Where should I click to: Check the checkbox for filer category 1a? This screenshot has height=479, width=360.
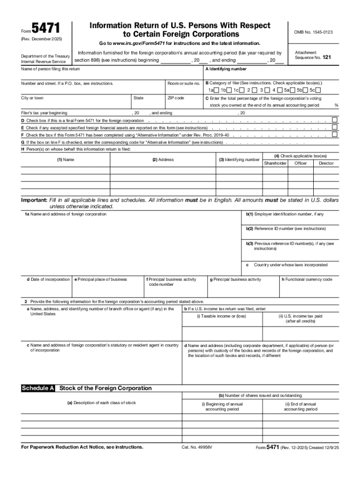[x=216, y=90]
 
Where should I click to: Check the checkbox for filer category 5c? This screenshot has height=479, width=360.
[x=318, y=90]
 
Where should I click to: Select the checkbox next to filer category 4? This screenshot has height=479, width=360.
[x=280, y=90]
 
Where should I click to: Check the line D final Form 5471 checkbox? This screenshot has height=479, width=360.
[x=334, y=120]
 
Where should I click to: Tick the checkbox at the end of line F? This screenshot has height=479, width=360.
[x=334, y=135]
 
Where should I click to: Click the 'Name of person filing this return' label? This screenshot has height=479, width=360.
[x=50, y=69]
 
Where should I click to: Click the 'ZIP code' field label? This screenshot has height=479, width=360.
[x=176, y=98]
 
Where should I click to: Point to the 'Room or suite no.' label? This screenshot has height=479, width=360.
[x=184, y=83]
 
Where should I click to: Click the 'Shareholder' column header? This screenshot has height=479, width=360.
[x=275, y=163]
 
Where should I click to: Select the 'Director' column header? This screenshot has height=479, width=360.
[x=326, y=163]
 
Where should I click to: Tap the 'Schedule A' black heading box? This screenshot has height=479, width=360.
[x=38, y=388]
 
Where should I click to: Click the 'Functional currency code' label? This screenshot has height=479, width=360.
[x=306, y=279]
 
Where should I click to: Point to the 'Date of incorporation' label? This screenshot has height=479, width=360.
[x=48, y=279]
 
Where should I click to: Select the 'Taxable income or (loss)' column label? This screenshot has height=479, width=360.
[x=221, y=316]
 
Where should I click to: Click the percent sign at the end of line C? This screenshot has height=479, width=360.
[x=336, y=105]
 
